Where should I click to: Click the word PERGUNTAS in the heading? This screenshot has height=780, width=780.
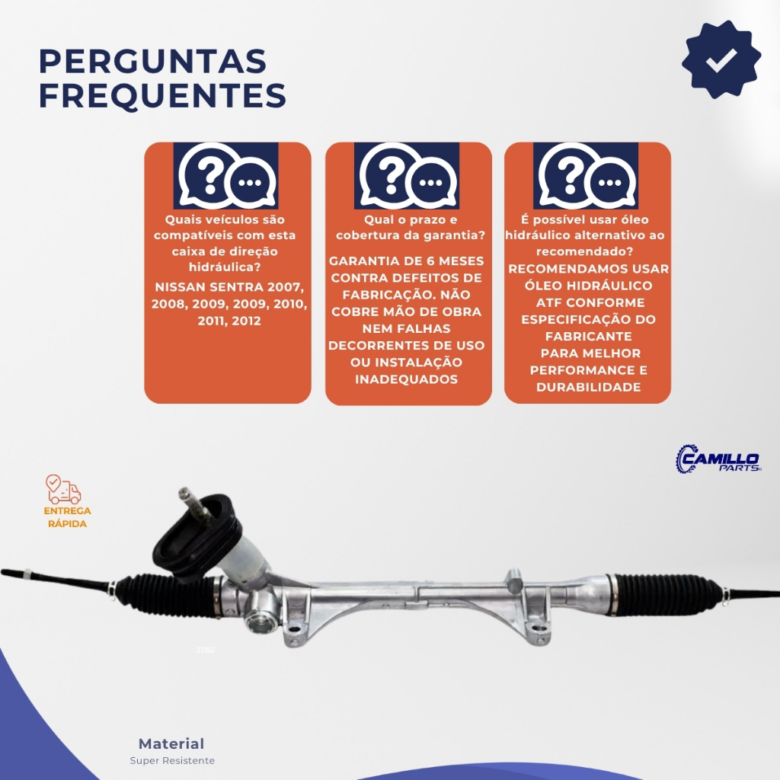pos(152,61)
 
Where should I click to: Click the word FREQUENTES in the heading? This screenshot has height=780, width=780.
pos(163,95)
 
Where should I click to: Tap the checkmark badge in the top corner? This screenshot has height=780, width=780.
pos(721,59)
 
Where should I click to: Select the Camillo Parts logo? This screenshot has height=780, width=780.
pos(718,459)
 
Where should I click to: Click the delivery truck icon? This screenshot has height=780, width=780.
pos(63,490)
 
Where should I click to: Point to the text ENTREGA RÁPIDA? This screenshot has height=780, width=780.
pos(67,517)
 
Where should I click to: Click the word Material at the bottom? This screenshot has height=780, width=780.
pos(171,743)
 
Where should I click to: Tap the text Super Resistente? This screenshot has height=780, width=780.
pos(172,761)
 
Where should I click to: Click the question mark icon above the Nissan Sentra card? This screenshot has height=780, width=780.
pos(225,176)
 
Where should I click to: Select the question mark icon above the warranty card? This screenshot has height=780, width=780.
pos(407,176)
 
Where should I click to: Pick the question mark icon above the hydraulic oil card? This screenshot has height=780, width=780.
pos(586,176)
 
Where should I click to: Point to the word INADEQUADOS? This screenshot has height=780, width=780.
pos(407,379)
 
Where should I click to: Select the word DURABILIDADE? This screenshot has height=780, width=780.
pos(589,388)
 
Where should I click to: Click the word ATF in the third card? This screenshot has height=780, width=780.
pos(548,303)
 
